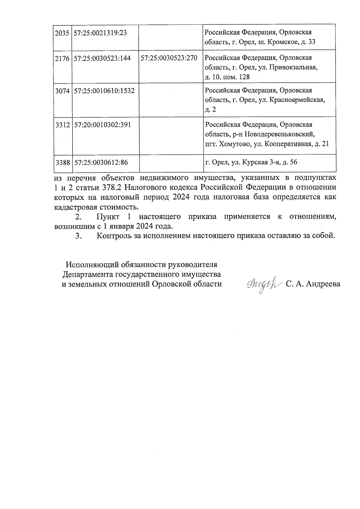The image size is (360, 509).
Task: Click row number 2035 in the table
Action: pyautogui.click(x=62, y=33)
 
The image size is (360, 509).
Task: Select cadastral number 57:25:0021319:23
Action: pyautogui.click(x=100, y=33)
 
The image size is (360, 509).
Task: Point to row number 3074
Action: pyautogui.click(x=62, y=91)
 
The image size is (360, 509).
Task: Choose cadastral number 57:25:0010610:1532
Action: pyautogui.click(x=104, y=91)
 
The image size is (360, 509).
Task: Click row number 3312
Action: pyautogui.click(x=62, y=125)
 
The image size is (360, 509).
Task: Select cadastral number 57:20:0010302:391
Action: pyautogui.click(x=102, y=125)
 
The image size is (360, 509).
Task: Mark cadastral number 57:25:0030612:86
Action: pyautogui.click(x=101, y=163)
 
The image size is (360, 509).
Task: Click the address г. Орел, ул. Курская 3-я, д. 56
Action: pyautogui.click(x=251, y=163)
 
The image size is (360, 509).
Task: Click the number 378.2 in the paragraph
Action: pyautogui.click(x=112, y=188)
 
